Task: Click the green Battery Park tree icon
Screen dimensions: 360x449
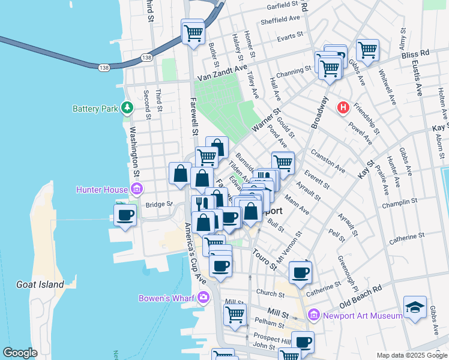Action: click(x=127, y=108)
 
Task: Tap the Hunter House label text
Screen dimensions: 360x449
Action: click(x=101, y=190)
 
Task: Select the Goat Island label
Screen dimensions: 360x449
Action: click(x=40, y=284)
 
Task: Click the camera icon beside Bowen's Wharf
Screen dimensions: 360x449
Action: click(x=203, y=296)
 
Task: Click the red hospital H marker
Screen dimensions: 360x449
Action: click(x=343, y=108)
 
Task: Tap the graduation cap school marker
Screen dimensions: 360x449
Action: click(x=415, y=307)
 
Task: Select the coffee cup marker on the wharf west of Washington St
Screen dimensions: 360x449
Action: click(x=125, y=215)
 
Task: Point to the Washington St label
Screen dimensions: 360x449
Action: click(x=134, y=156)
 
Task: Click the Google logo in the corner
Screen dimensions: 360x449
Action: click(x=20, y=353)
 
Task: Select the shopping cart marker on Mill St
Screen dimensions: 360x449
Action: click(x=235, y=314)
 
